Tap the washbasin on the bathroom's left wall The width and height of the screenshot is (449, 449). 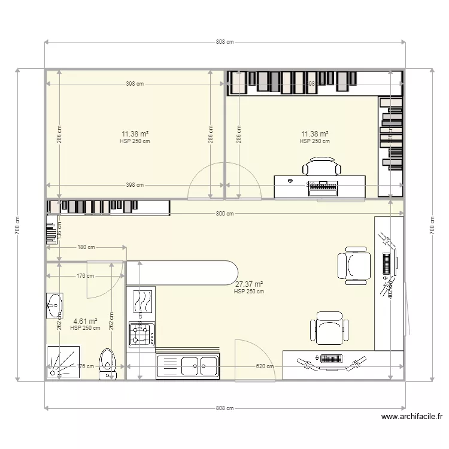click(x=54, y=305)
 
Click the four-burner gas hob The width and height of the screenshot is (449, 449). click(x=142, y=334)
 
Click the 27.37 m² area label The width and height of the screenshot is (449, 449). click(x=249, y=285)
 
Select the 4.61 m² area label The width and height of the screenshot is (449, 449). click(x=85, y=321)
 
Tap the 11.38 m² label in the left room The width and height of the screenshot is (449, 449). click(x=135, y=134)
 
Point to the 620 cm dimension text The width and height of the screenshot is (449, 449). click(x=265, y=366)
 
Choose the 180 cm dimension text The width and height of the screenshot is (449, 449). click(x=86, y=247)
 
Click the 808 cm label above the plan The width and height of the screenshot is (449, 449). click(x=224, y=42)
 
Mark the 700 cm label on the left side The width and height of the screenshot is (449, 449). click(x=18, y=224)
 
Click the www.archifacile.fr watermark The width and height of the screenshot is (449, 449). click(x=411, y=417)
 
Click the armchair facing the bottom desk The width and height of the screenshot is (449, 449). click(x=329, y=328)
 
